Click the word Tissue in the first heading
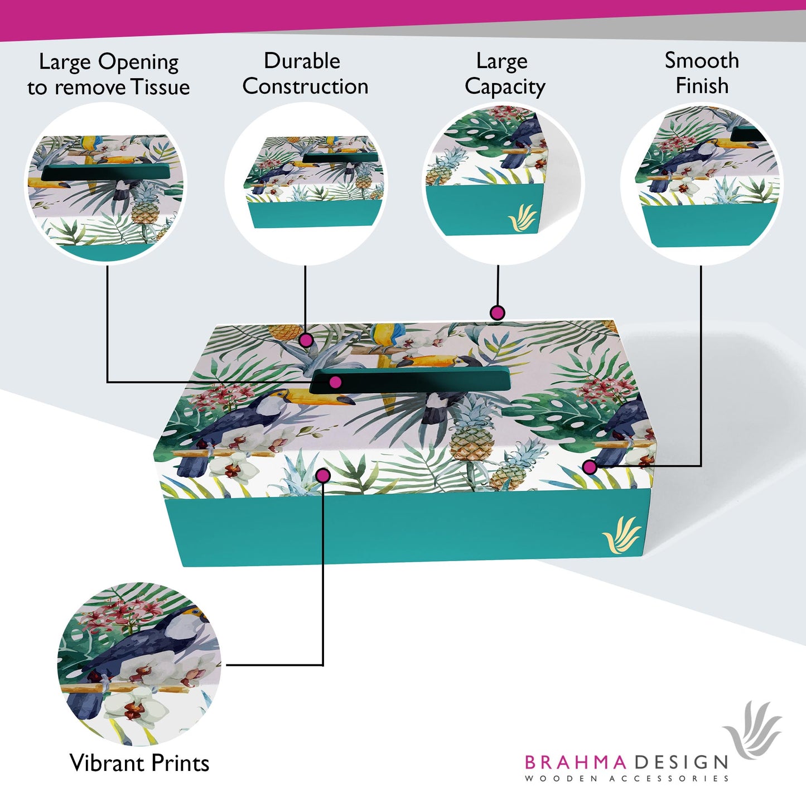[160, 87]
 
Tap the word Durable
[302, 61]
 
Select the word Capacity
[505, 87]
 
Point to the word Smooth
[702, 60]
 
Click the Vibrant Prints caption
[139, 762]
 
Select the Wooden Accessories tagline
[626, 778]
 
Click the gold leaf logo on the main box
[621, 535]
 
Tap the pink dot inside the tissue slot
[335, 382]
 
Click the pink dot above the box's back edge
[497, 312]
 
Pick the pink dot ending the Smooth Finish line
[590, 467]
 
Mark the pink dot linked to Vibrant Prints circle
[323, 475]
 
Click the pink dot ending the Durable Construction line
[306, 340]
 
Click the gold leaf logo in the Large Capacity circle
[522, 218]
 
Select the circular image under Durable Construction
[306, 183]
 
